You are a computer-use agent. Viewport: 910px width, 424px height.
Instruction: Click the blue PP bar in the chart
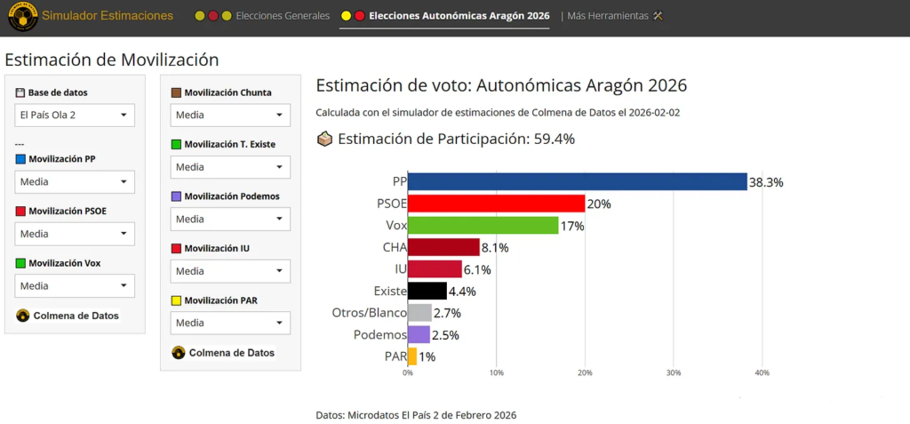[x=577, y=181]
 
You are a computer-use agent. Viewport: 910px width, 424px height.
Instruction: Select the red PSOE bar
[x=496, y=204]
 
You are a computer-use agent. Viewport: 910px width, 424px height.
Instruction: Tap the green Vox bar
[x=483, y=225]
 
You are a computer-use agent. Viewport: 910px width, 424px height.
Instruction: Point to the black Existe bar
[x=427, y=291]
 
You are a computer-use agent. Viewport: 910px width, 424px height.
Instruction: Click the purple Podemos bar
[x=419, y=334]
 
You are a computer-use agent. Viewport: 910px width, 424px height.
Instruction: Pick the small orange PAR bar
[x=411, y=356]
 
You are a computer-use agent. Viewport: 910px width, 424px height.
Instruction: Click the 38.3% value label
[x=766, y=182]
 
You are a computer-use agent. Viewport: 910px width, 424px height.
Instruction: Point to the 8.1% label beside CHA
[x=499, y=248]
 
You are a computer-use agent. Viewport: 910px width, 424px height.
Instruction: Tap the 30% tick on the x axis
[x=674, y=373]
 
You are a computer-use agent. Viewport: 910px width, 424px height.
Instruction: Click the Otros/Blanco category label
[x=369, y=313]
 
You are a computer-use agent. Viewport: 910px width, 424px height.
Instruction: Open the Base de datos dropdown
[x=75, y=116]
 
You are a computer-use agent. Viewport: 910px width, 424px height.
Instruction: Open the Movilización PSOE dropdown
[x=75, y=234]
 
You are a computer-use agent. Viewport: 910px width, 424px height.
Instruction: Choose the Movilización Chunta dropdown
[x=230, y=116]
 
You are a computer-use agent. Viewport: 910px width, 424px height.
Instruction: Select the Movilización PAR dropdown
[x=230, y=323]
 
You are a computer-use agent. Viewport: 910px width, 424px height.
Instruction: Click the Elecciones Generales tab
[x=282, y=16]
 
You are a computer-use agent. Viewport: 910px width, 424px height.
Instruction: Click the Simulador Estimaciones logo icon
[x=21, y=17]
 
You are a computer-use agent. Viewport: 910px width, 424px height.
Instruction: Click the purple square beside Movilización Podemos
[x=176, y=196]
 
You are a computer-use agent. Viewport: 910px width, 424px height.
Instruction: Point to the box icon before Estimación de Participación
[x=325, y=139]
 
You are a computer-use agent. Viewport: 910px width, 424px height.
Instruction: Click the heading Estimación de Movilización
[x=112, y=60]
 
